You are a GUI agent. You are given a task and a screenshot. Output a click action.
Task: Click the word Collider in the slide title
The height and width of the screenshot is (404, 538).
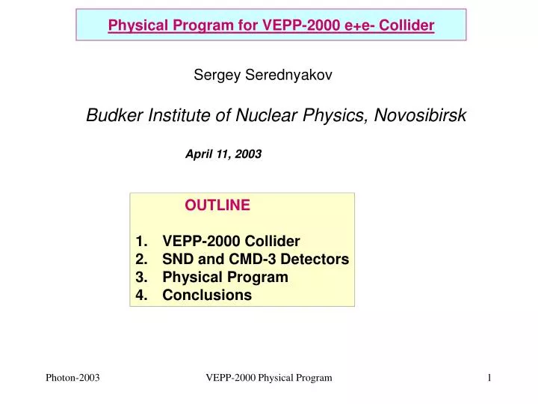406,26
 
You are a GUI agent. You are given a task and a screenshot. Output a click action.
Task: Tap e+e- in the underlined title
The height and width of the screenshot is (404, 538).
357,26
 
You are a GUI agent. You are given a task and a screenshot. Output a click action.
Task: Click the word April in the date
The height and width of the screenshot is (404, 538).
200,154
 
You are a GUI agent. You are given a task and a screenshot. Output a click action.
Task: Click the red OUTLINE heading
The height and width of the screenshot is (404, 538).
217,205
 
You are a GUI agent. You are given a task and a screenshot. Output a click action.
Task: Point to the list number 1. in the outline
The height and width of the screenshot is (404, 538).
141,241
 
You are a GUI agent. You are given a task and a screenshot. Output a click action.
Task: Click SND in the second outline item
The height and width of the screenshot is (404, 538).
177,259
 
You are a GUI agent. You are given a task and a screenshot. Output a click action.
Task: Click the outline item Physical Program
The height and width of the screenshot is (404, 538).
225,277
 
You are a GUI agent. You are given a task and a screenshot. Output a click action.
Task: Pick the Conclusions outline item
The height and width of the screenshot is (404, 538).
207,295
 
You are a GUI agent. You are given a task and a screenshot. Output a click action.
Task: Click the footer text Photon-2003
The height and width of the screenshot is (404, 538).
73,379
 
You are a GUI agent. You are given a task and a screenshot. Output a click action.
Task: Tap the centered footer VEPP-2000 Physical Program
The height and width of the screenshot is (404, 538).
268,379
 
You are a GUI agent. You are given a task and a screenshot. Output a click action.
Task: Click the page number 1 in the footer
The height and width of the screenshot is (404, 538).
489,379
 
